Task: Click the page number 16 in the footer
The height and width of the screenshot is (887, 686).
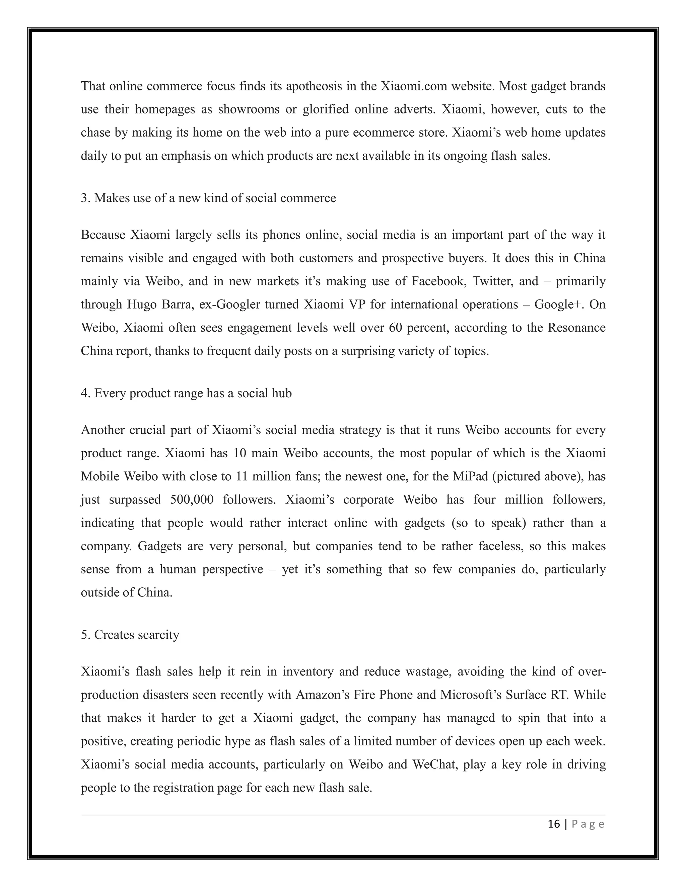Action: tap(553, 824)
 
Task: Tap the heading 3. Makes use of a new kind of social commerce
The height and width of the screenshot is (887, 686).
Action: tap(208, 198)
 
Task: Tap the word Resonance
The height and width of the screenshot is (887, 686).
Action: tap(576, 328)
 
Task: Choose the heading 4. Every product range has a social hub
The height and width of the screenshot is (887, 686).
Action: tap(186, 394)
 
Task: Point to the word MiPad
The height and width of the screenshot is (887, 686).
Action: tap(470, 476)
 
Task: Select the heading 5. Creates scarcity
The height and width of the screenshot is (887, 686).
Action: tap(130, 635)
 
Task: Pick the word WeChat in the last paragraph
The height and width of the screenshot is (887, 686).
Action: tap(435, 765)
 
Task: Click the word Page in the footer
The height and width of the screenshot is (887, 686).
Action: tap(588, 824)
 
